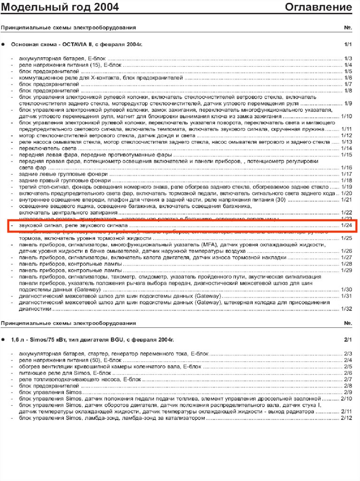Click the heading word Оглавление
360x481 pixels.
click(x=319, y=7)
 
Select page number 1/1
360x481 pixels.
click(x=348, y=45)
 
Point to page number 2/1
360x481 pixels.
click(x=348, y=339)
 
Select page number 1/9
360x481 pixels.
click(x=348, y=103)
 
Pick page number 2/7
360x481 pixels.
click(x=348, y=379)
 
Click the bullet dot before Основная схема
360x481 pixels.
click(x=4, y=45)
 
